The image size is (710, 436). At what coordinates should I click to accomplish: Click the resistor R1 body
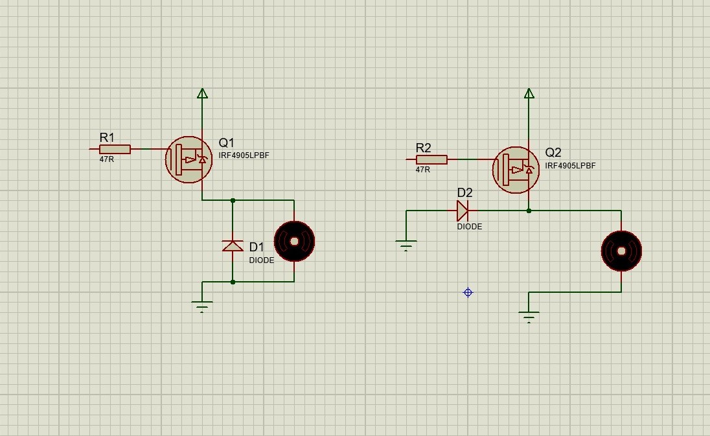pos(115,149)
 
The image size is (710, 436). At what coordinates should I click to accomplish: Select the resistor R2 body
pos(431,159)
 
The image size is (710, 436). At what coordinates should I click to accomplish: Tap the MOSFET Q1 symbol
pos(189,159)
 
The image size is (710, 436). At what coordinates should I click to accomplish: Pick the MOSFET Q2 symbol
pos(516,170)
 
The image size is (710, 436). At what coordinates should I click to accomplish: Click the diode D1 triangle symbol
pos(233,246)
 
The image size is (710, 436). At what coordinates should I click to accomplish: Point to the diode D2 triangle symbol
pos(463,211)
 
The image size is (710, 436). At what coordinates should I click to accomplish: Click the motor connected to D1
pos(294,241)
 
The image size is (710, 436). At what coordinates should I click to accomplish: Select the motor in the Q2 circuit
pos(621,251)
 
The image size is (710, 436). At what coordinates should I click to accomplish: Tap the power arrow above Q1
pos(202,93)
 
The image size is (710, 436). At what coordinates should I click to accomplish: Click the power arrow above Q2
pos(529,93)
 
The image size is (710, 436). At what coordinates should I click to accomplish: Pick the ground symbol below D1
pos(202,306)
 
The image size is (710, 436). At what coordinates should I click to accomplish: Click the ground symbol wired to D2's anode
pos(406,246)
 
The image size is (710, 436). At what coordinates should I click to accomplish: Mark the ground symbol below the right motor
pos(529,317)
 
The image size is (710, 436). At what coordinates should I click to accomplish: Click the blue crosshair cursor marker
pos(468,292)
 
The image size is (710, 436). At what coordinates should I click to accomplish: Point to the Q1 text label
pos(226,143)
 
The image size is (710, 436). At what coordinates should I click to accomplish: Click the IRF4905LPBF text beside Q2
pos(570,166)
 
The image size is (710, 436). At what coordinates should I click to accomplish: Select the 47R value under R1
pos(107,159)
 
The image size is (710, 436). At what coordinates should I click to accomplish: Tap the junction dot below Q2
pos(529,211)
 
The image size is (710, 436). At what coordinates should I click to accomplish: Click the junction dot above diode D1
pos(233,200)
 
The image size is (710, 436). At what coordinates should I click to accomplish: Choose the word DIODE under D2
pos(470,226)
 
